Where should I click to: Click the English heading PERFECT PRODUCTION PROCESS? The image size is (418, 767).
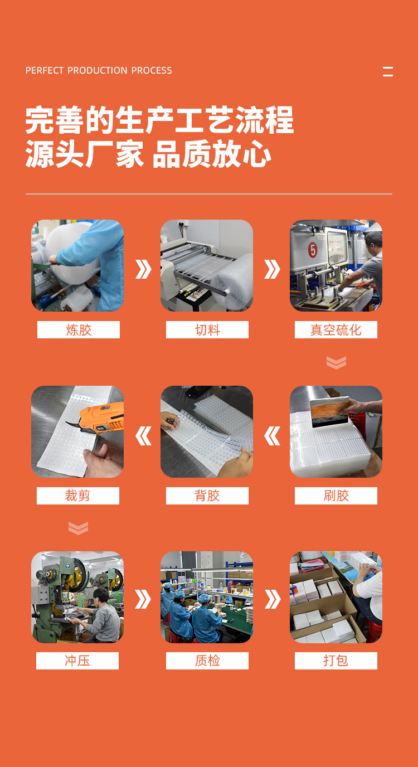(x=99, y=71)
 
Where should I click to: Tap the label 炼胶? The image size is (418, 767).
(x=79, y=330)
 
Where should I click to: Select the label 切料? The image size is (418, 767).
(x=207, y=330)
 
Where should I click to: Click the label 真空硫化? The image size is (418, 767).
(x=336, y=330)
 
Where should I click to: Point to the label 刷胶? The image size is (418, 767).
(x=336, y=496)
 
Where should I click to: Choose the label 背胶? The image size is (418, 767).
(x=207, y=496)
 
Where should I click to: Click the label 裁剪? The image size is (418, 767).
(x=78, y=496)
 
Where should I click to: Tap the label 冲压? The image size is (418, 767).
(x=77, y=661)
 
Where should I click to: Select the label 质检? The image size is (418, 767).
(x=207, y=661)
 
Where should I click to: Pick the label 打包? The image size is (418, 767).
(x=336, y=661)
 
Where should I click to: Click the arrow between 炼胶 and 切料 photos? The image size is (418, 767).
(x=143, y=269)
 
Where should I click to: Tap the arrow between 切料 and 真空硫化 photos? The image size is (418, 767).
(x=272, y=269)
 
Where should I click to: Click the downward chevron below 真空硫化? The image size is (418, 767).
(x=336, y=362)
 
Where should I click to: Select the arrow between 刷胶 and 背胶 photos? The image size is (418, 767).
(x=272, y=435)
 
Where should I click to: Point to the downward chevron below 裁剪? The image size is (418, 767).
(x=78, y=527)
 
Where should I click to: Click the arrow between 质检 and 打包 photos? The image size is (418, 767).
(x=272, y=599)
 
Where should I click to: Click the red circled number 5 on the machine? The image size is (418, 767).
(x=313, y=249)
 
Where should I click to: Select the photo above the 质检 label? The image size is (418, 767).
(x=207, y=597)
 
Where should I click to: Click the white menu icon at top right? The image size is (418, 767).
(x=388, y=71)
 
